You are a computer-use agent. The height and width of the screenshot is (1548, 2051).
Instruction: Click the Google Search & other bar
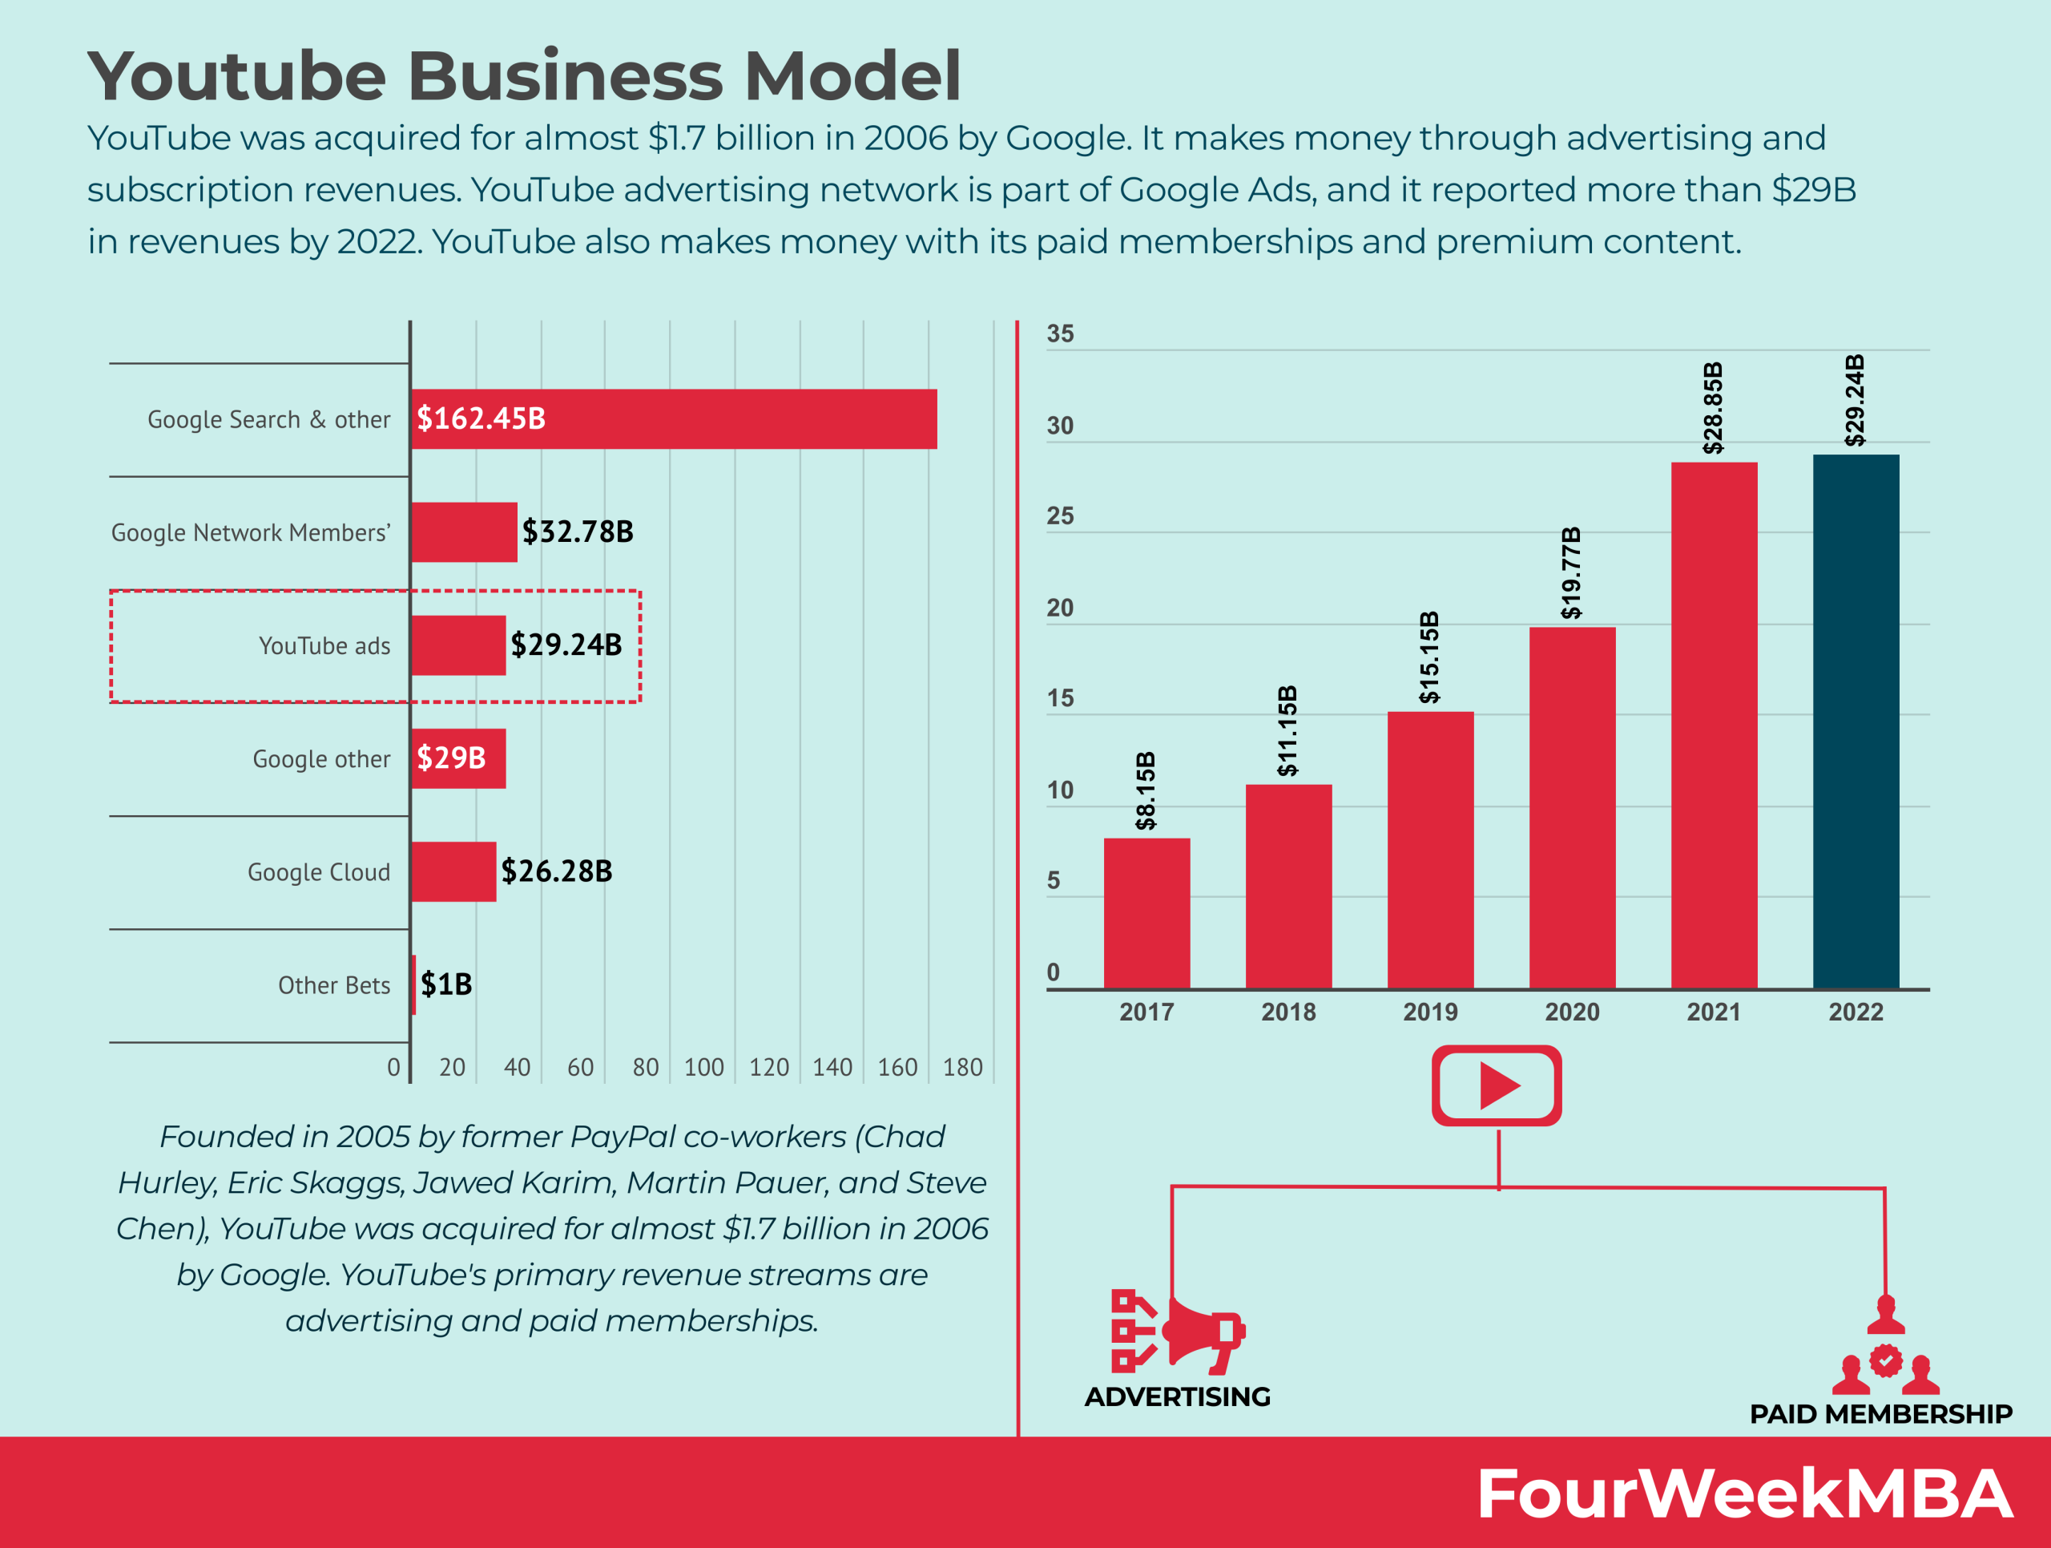point(674,418)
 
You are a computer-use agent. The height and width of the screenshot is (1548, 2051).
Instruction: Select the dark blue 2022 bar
point(1856,721)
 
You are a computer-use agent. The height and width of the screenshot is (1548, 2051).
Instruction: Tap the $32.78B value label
point(578,531)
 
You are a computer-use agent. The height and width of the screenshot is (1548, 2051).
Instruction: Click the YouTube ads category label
point(324,645)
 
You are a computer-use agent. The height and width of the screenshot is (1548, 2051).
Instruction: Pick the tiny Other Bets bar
point(413,984)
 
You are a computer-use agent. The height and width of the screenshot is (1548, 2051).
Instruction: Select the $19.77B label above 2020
point(1571,572)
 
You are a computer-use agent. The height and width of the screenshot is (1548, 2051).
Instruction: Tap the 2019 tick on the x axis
point(1430,1012)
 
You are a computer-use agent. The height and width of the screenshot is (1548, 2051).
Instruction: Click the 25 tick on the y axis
point(1060,515)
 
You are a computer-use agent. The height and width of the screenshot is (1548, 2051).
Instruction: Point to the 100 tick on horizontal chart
point(703,1068)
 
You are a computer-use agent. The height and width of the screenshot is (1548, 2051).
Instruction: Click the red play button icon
point(1497,1085)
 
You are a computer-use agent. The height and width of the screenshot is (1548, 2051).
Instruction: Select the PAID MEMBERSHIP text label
point(1880,1413)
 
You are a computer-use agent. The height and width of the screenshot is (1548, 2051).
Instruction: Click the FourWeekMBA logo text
point(1743,1494)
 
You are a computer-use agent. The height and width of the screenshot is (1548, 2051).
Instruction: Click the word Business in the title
point(565,76)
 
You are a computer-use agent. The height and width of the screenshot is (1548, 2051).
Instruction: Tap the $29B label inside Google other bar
point(452,758)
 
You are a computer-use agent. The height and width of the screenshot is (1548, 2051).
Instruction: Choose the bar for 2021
point(1714,725)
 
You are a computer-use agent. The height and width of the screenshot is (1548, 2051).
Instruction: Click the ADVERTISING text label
point(1178,1396)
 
